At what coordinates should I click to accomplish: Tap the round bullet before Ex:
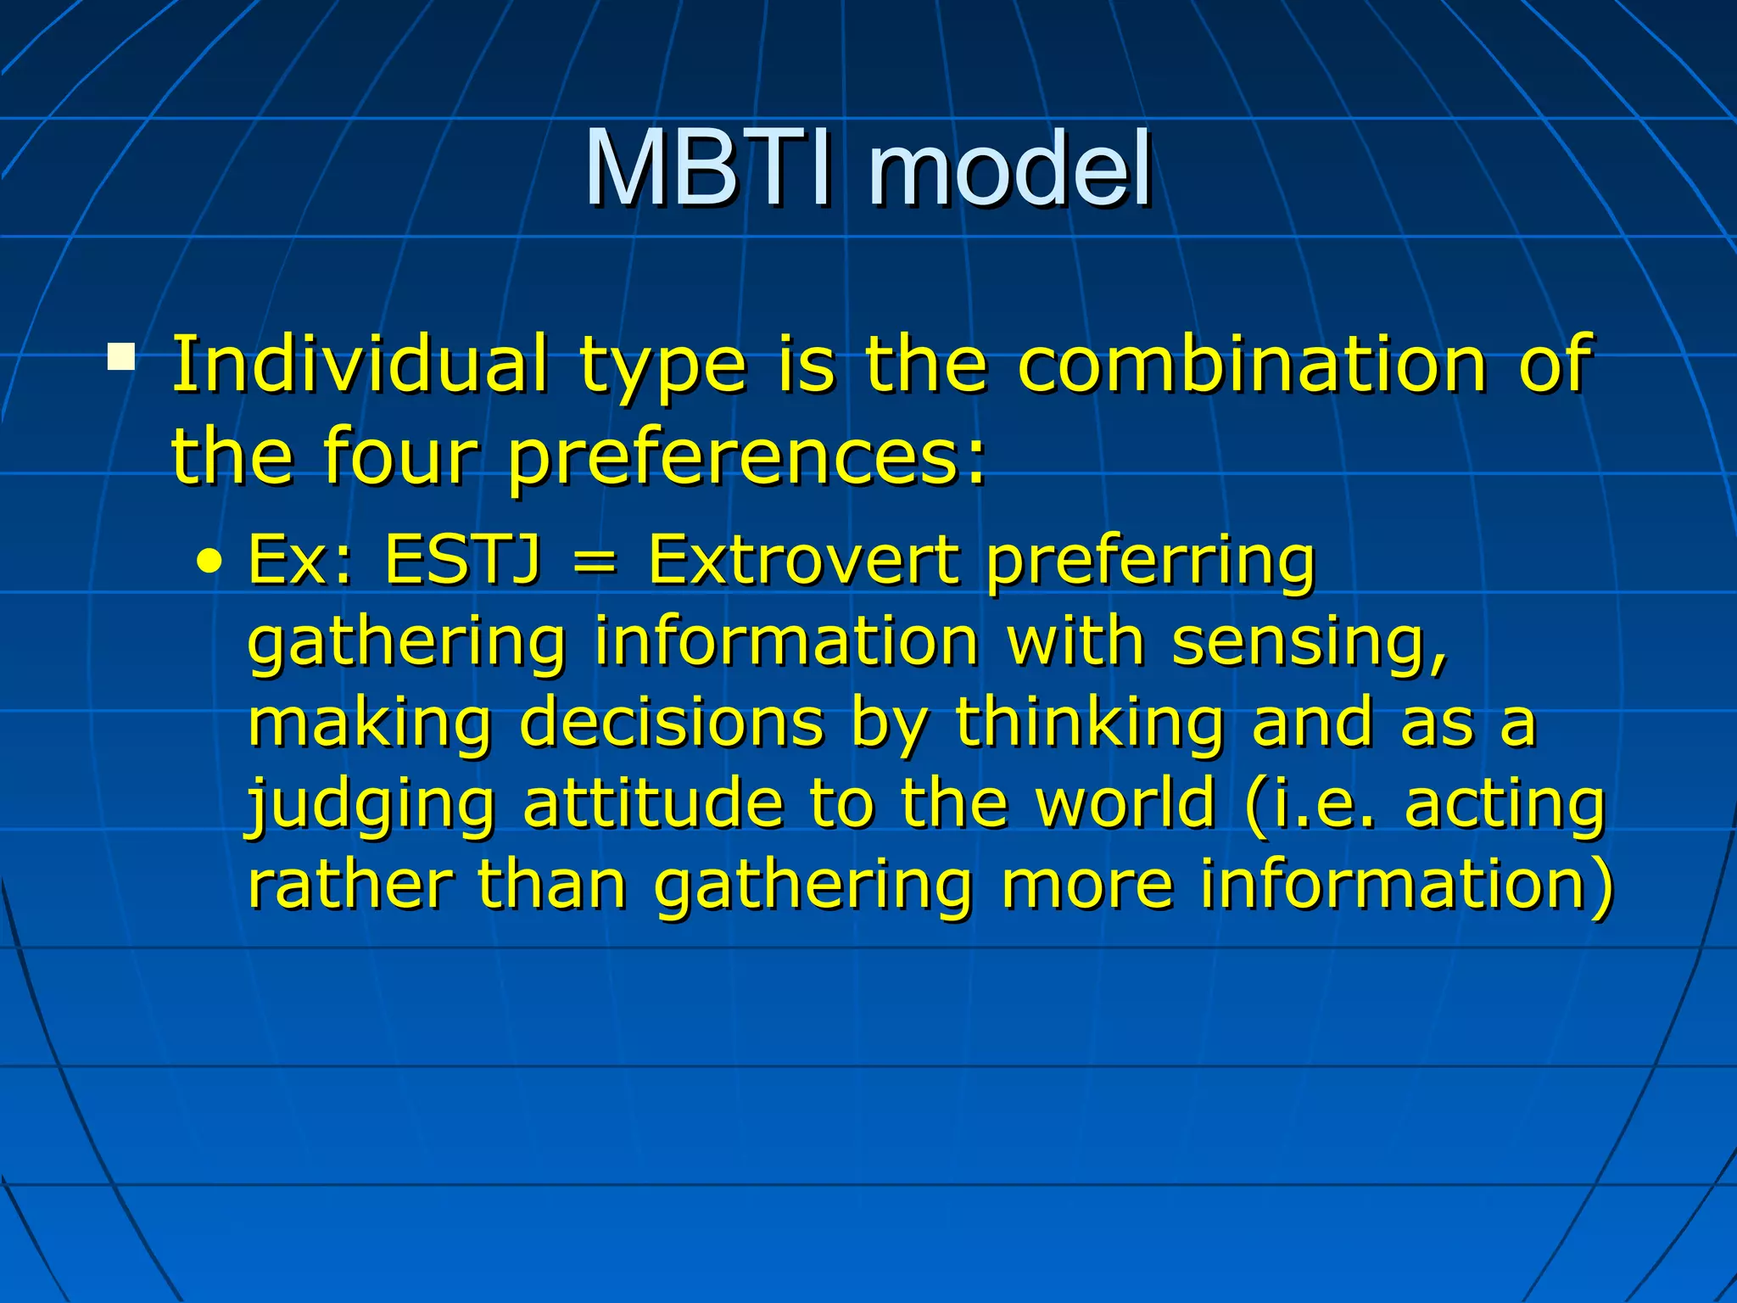point(209,562)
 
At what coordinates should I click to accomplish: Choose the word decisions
point(671,723)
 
